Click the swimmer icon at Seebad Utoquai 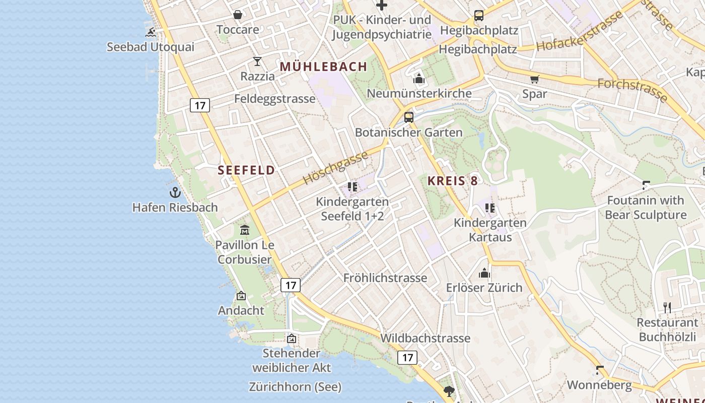pyautogui.click(x=151, y=33)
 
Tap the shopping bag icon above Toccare pyautogui.click(x=238, y=15)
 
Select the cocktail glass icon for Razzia pyautogui.click(x=257, y=61)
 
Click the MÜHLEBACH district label pyautogui.click(x=324, y=66)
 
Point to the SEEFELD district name pyautogui.click(x=247, y=170)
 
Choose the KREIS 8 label pyautogui.click(x=453, y=181)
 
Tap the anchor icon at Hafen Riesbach pyautogui.click(x=175, y=192)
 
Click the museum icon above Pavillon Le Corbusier pyautogui.click(x=245, y=230)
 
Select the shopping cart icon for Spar pyautogui.click(x=534, y=79)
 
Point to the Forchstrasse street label pyautogui.click(x=632, y=90)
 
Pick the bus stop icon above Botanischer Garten pyautogui.click(x=409, y=117)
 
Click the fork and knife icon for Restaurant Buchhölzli pyautogui.click(x=667, y=307)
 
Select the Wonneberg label pyautogui.click(x=599, y=385)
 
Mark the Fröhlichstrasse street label pyautogui.click(x=385, y=278)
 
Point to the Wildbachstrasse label pyautogui.click(x=426, y=338)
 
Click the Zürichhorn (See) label pyautogui.click(x=295, y=387)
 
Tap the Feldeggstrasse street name pyautogui.click(x=275, y=99)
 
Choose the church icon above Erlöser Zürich pyautogui.click(x=484, y=273)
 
